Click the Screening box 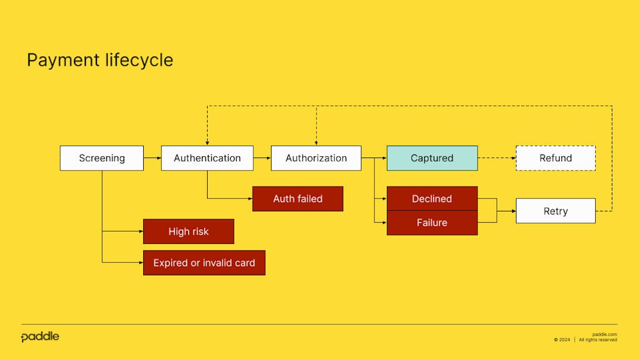[102, 158]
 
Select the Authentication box [207, 158]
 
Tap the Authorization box [316, 158]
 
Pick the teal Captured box [432, 158]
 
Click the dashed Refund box [556, 158]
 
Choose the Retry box [556, 211]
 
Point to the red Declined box [432, 199]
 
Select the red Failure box [432, 223]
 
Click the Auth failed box [298, 199]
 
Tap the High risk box [188, 232]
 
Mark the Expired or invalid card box [204, 263]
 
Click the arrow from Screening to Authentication [152, 158]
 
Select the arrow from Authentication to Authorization [262, 158]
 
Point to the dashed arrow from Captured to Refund [497, 158]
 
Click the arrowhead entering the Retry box [513, 211]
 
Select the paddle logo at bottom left [40, 337]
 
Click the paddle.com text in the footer [604, 335]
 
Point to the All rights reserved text [598, 340]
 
